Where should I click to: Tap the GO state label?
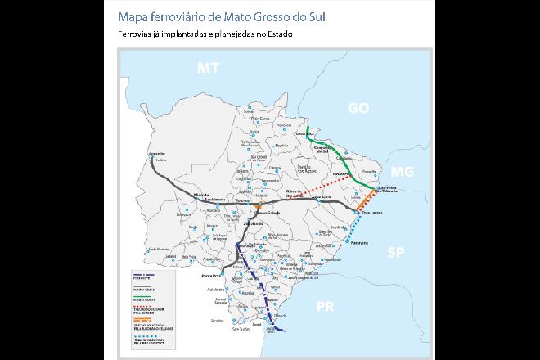coord(359,107)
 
